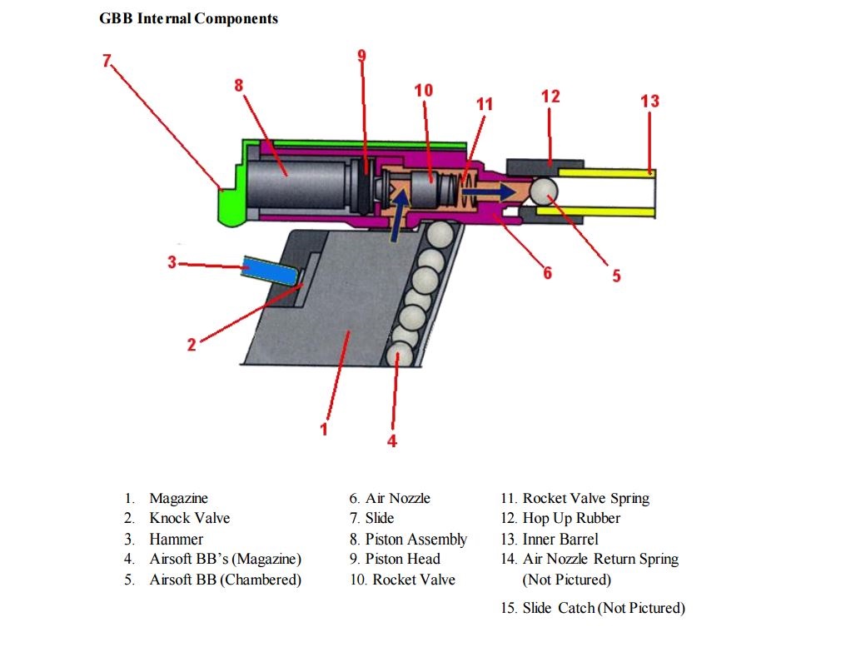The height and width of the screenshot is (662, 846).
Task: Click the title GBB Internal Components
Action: click(188, 17)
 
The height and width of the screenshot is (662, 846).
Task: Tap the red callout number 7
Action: click(106, 60)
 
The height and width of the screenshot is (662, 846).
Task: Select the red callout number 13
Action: click(649, 101)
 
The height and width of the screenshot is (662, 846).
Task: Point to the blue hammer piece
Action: click(271, 269)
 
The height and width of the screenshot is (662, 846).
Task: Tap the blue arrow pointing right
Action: click(490, 191)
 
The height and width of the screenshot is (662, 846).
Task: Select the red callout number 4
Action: click(391, 441)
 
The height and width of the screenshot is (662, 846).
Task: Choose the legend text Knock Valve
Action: click(189, 518)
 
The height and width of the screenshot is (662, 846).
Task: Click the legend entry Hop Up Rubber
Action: click(571, 518)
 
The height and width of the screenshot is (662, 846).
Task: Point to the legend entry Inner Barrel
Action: click(560, 539)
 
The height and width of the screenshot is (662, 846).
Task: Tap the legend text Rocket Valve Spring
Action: click(585, 498)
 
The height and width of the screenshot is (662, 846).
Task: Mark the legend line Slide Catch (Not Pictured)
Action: click(603, 608)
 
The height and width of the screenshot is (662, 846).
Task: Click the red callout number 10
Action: click(423, 90)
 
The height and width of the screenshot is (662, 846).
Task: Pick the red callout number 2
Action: click(192, 345)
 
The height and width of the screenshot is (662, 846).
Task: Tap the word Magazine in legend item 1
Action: click(178, 498)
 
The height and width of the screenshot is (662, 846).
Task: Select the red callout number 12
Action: click(550, 96)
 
